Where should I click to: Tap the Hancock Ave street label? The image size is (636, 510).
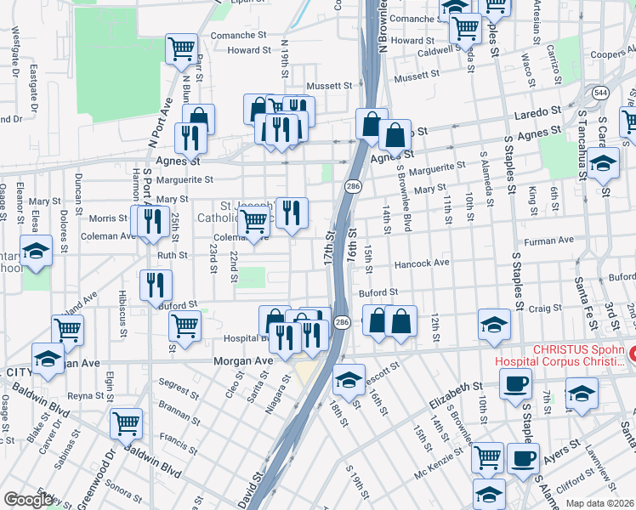pos(421,263)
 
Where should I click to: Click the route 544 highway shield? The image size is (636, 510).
pos(601,91)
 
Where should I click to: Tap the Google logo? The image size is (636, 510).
pos(28,500)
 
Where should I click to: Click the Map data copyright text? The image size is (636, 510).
pos(600,503)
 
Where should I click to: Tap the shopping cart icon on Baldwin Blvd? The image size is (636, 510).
pos(127,422)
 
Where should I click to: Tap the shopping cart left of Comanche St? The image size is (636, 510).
pos(181,48)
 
